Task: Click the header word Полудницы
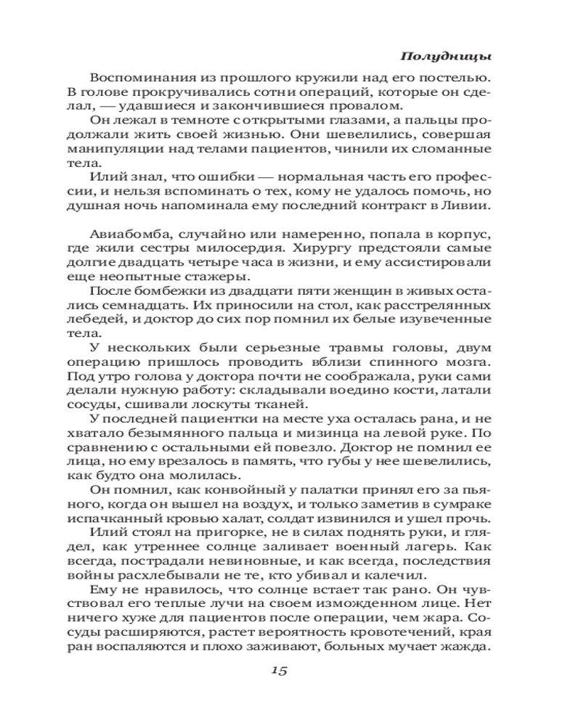[x=445, y=57]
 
